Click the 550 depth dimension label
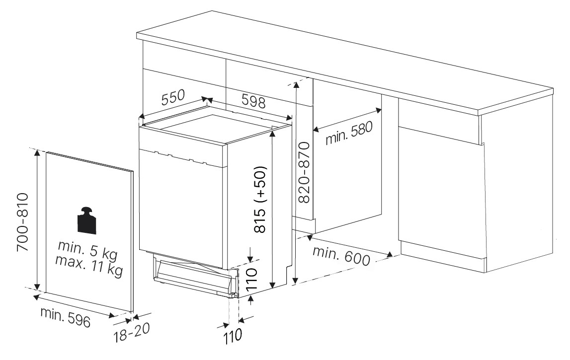pyautogui.click(x=173, y=97)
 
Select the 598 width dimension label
pyautogui.click(x=253, y=101)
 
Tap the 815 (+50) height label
pyautogui.click(x=260, y=200)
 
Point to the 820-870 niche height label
pyautogui.click(x=304, y=172)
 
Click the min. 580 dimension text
pyautogui.click(x=349, y=133)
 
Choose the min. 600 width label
pyautogui.click(x=341, y=256)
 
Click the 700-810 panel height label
pyautogui.click(x=22, y=222)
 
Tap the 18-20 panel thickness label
pyautogui.click(x=131, y=333)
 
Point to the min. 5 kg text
pyautogui.click(x=88, y=249)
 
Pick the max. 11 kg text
pyautogui.click(x=89, y=266)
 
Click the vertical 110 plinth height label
pyautogui.click(x=251, y=279)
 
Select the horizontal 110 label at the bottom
pyautogui.click(x=233, y=336)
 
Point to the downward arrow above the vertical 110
pyautogui.click(x=250, y=255)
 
